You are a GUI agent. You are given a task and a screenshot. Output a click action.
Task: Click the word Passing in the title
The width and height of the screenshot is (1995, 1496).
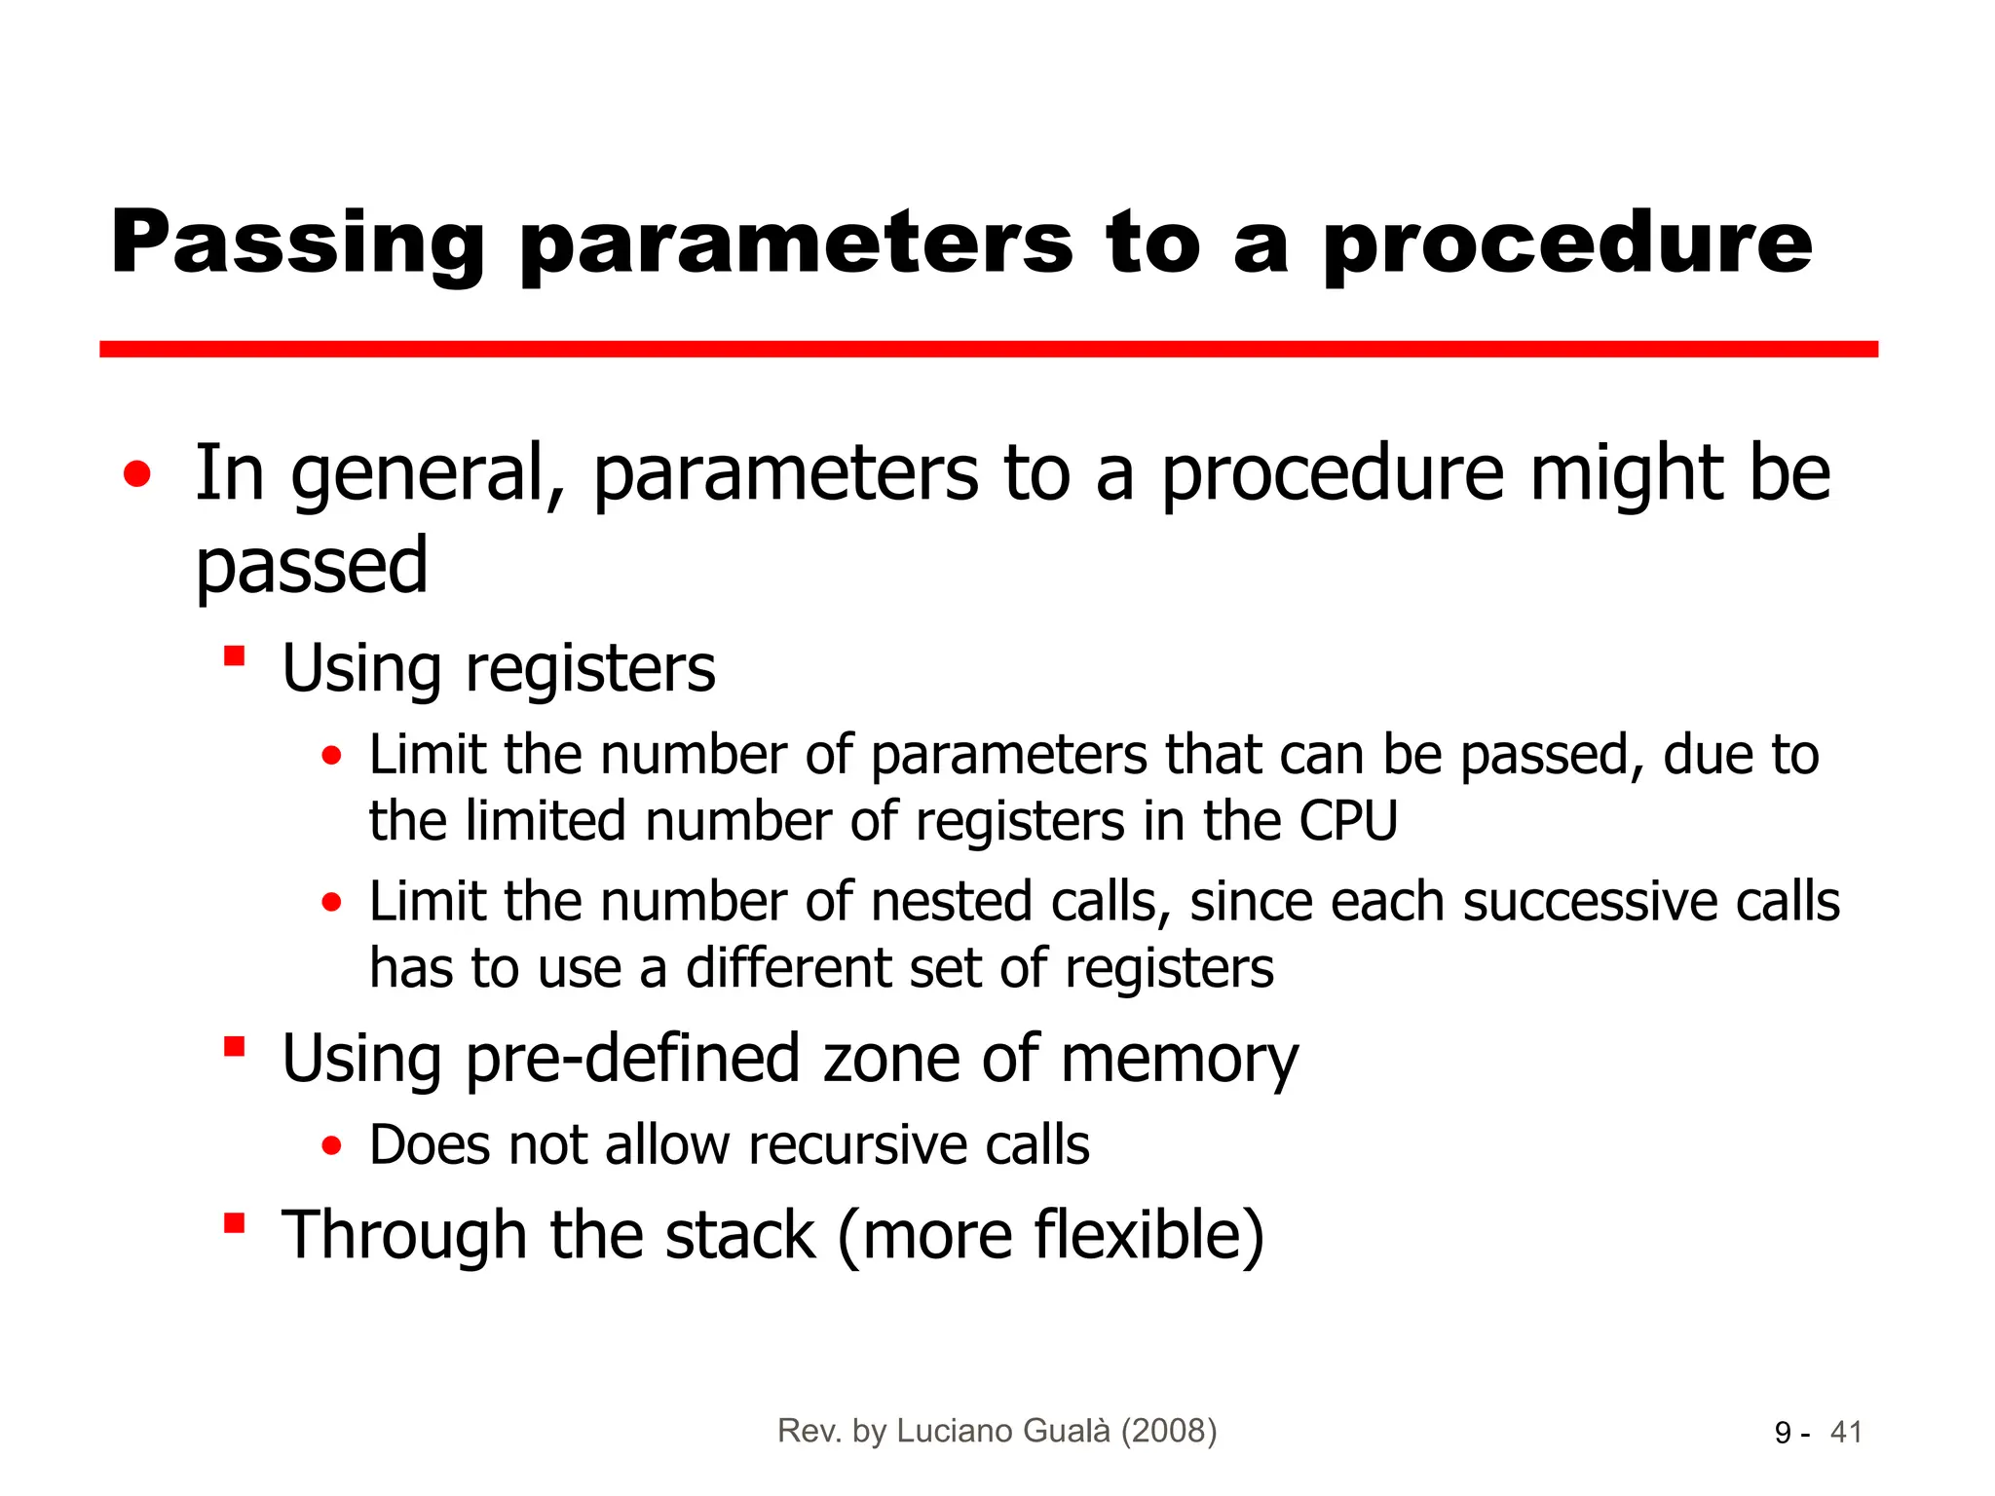tap(297, 243)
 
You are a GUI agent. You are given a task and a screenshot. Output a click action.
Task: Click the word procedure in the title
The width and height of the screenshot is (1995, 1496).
tap(1567, 243)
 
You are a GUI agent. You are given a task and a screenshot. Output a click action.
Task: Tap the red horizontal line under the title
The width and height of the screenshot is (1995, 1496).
tap(988, 349)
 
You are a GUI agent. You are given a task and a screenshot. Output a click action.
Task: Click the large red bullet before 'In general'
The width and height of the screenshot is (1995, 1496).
tap(137, 474)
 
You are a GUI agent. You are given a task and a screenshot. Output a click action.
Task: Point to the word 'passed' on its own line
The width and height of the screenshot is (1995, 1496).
tap(312, 566)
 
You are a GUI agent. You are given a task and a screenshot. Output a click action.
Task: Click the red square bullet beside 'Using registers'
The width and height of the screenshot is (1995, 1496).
tap(234, 654)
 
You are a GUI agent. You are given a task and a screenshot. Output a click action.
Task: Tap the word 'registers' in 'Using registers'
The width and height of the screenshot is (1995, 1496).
tap(590, 669)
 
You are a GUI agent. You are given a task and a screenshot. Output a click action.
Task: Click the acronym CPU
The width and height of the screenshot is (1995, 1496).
tap(1348, 821)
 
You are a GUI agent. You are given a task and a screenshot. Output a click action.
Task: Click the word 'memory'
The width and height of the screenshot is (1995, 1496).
tap(1179, 1059)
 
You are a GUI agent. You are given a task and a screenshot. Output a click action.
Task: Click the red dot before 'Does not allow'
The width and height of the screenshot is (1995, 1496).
tap(332, 1146)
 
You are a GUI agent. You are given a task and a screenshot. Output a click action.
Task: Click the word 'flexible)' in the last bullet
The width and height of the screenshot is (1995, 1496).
tap(1148, 1235)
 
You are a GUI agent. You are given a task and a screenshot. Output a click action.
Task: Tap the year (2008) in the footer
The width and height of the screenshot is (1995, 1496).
tap(1168, 1431)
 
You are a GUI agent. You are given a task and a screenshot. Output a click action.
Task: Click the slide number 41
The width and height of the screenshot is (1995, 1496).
tap(1846, 1433)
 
